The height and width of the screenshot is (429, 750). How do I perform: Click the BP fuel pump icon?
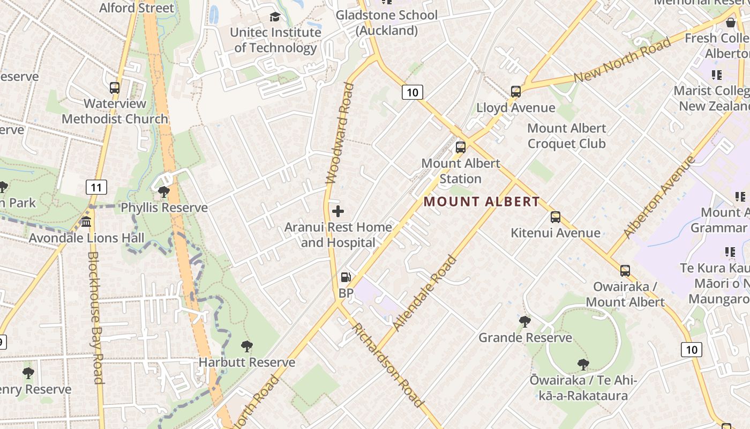[346, 277]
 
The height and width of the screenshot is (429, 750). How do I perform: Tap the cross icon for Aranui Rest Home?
[338, 211]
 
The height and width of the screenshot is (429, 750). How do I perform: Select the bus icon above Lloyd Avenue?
[515, 92]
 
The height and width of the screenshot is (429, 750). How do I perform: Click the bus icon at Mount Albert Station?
[460, 147]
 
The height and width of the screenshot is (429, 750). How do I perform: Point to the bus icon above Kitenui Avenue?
[556, 217]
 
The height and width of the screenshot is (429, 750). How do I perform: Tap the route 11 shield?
[96, 187]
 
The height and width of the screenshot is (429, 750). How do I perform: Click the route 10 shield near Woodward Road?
[412, 92]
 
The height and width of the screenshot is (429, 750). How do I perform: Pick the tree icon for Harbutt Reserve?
[246, 346]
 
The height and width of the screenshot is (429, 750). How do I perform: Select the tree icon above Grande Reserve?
[525, 322]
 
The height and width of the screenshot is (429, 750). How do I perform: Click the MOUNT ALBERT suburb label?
[482, 202]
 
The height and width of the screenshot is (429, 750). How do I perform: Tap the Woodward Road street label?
[340, 133]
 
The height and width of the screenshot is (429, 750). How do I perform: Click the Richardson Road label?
[387, 365]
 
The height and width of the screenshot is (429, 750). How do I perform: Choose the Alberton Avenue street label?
[659, 197]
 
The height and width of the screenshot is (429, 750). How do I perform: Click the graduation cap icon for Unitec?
[275, 17]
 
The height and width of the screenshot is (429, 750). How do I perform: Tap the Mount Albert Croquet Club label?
[566, 136]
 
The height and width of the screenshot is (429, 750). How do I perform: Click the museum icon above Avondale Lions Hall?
[86, 222]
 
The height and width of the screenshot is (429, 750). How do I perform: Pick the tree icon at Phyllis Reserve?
[164, 191]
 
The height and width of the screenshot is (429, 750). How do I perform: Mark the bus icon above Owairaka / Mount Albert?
[625, 271]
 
